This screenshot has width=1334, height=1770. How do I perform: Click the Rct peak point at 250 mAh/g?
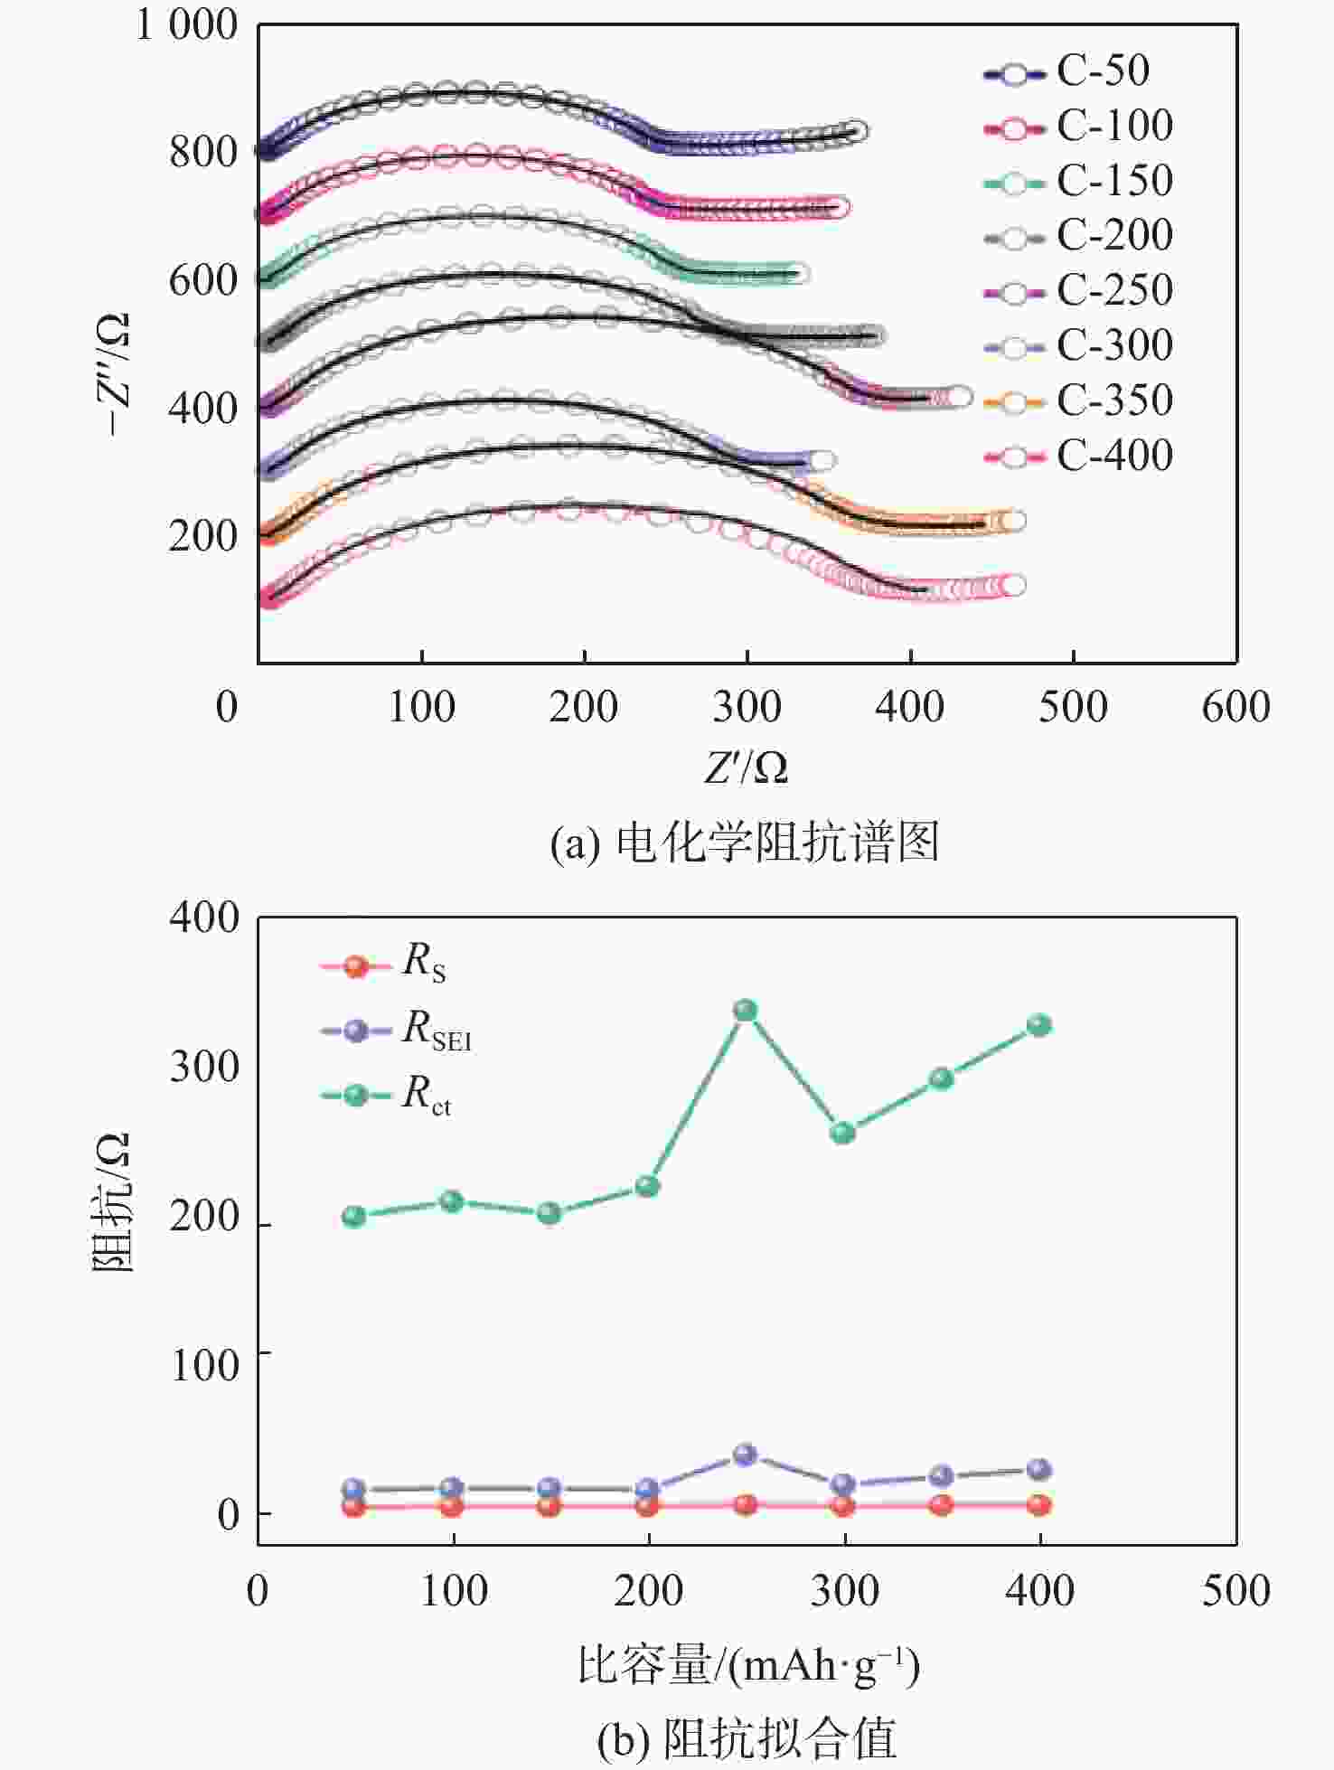pyautogui.click(x=745, y=1010)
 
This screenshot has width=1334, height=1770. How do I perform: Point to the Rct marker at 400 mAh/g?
pyautogui.click(x=1039, y=1025)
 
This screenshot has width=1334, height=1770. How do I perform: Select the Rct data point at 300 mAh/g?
pyautogui.click(x=843, y=1133)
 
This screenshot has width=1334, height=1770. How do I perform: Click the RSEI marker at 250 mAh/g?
pyautogui.click(x=745, y=1455)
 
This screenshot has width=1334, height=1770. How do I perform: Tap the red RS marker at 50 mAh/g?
pyautogui.click(x=354, y=1507)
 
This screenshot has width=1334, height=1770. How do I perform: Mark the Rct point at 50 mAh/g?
pyautogui.click(x=354, y=1216)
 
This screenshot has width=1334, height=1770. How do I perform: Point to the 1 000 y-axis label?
pyautogui.click(x=186, y=24)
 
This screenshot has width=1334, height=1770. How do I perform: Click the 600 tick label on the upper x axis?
pyautogui.click(x=1235, y=707)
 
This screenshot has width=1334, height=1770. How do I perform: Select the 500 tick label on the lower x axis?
pyautogui.click(x=1235, y=1591)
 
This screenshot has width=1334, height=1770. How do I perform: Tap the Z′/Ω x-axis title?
pyautogui.click(x=746, y=767)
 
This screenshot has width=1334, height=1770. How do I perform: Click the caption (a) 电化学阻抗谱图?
pyautogui.click(x=745, y=843)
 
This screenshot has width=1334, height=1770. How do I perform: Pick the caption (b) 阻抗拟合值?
pyautogui.click(x=747, y=1737)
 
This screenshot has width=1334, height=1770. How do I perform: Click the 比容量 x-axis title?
pyautogui.click(x=748, y=1665)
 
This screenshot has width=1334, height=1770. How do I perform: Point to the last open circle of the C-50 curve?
pyautogui.click(x=856, y=131)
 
